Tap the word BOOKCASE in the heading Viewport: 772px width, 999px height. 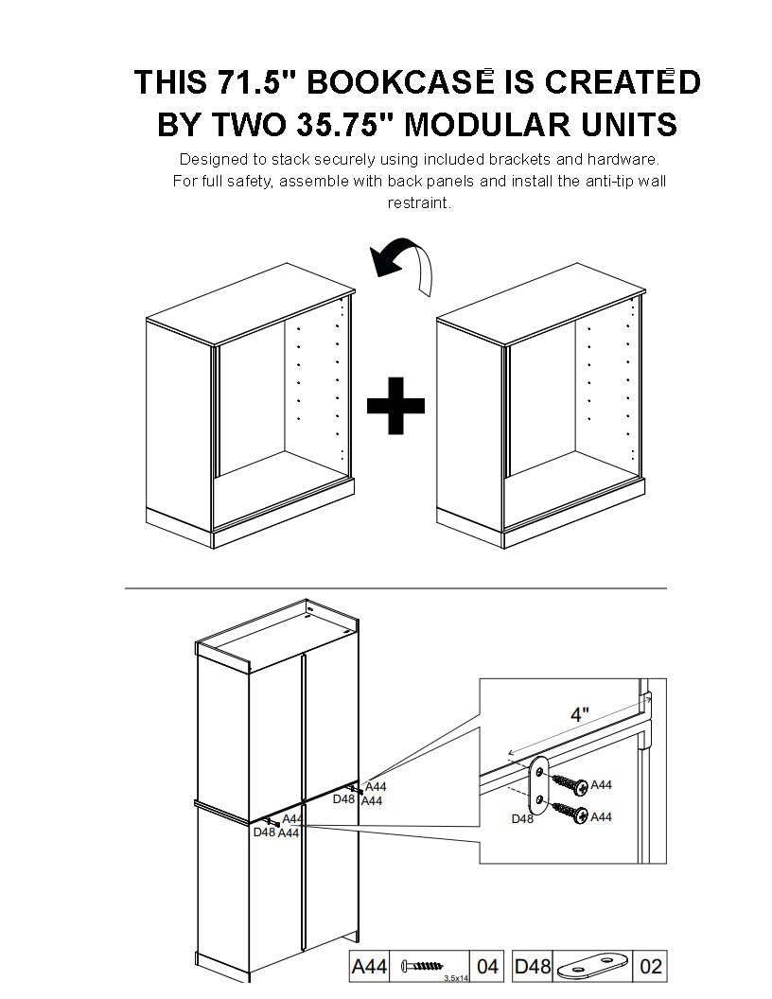click(400, 81)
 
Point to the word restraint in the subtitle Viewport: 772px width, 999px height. click(419, 202)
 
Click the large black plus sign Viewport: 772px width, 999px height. click(395, 406)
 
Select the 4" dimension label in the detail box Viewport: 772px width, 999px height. click(579, 714)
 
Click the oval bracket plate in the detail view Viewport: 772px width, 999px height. click(539, 786)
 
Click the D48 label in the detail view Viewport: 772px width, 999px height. click(522, 818)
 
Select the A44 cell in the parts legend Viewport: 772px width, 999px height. click(369, 967)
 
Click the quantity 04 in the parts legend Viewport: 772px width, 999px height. click(487, 967)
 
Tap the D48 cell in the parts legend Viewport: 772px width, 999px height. click(533, 967)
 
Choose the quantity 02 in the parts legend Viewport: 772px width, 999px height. click(650, 967)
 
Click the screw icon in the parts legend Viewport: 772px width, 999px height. click(421, 966)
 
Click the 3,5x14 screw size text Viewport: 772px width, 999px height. click(456, 977)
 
